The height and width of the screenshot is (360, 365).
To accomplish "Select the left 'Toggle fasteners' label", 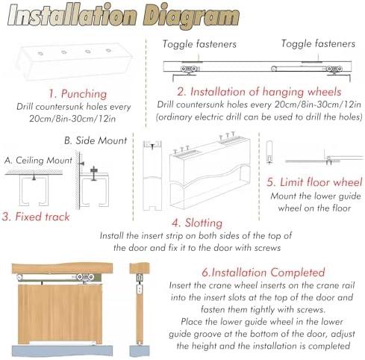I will click(x=199, y=45).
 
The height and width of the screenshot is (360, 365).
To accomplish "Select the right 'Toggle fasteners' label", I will click(x=319, y=45).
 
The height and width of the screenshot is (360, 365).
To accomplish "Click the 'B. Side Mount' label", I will click(x=95, y=140).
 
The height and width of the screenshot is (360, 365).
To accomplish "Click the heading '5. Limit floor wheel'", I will click(x=315, y=181).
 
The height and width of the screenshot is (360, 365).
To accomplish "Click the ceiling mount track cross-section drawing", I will click(x=35, y=189).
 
